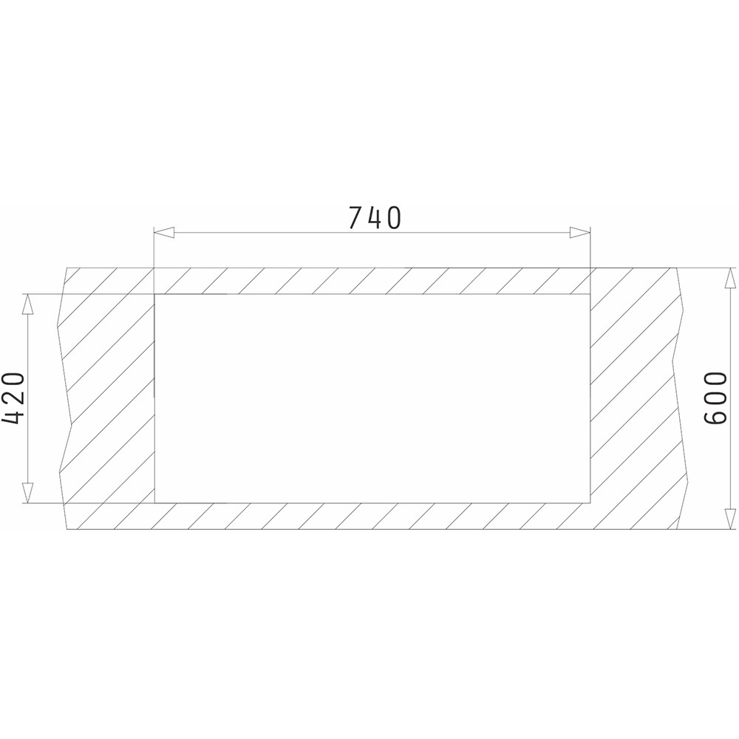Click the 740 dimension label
(x=375, y=218)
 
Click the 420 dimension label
(x=13, y=399)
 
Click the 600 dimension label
(x=715, y=399)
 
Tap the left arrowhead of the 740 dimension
(x=165, y=232)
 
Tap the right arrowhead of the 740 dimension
(x=579, y=232)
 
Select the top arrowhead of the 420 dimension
(x=28, y=304)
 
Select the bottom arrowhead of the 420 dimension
(x=28, y=493)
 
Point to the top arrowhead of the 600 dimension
(x=730, y=278)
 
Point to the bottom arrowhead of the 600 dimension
(x=730, y=520)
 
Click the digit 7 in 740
(x=356, y=218)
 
